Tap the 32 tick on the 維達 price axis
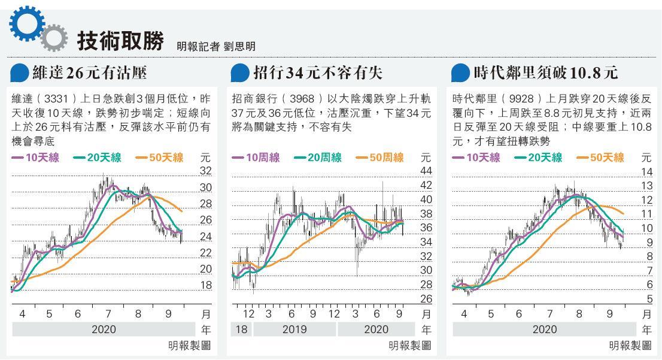(x=205, y=171)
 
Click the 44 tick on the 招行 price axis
(x=426, y=171)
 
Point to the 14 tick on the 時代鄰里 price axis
(x=646, y=171)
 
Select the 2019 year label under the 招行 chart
(x=294, y=329)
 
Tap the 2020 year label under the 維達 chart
(x=104, y=329)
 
